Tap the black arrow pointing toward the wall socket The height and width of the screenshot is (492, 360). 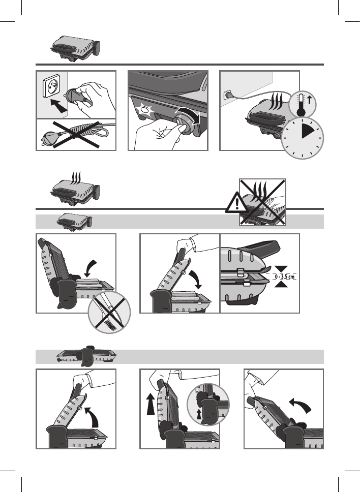tap(58, 106)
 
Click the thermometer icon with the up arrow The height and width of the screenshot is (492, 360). tap(302, 104)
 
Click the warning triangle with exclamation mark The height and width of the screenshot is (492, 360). tap(236, 203)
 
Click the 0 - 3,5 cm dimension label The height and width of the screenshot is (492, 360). tap(285, 276)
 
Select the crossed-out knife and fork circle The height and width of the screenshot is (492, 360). tap(109, 312)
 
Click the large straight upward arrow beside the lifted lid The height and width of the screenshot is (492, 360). tap(151, 405)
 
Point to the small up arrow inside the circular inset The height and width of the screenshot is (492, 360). tap(199, 414)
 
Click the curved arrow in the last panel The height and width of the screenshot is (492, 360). tap(301, 405)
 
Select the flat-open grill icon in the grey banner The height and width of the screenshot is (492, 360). tap(87, 356)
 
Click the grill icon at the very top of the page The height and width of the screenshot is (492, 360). tap(75, 48)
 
